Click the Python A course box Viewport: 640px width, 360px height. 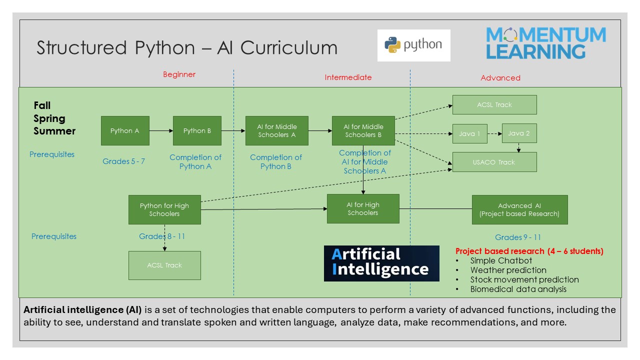125,130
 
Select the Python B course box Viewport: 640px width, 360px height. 197,130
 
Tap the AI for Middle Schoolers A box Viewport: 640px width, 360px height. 277,130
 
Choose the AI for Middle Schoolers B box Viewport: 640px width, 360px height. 363,130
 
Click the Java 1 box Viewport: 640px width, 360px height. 470,133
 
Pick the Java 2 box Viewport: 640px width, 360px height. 519,133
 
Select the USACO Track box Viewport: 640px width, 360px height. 494,162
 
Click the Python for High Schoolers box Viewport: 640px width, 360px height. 164,209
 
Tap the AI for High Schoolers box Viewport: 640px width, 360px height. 363,209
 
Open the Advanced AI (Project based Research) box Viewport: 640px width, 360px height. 519,209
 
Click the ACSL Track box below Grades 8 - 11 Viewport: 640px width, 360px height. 164,265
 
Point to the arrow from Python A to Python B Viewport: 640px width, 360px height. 161,131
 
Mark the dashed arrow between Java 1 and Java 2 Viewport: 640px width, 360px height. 494,133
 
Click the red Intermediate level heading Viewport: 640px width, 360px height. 348,77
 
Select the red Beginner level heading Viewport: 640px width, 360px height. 179,74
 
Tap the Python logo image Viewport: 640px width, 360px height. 413,45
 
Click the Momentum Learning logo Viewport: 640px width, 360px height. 546,43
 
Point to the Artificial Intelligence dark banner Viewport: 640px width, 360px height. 381,263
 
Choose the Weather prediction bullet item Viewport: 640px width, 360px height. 508,270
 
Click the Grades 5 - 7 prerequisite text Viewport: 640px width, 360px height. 123,161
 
